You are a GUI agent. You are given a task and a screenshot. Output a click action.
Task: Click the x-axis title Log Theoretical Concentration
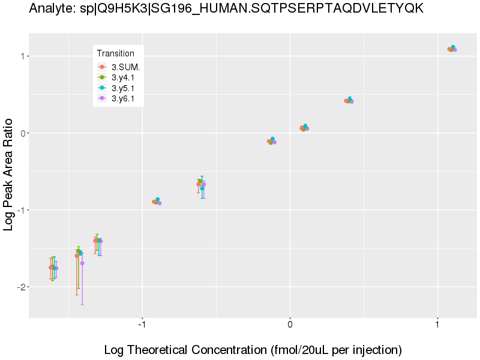pyautogui.click(x=253, y=350)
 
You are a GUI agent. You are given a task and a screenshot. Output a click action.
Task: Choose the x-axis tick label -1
pyautogui.click(x=142, y=328)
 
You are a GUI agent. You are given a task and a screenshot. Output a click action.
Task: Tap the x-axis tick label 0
pyautogui.click(x=290, y=328)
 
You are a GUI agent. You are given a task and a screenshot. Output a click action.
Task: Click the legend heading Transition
pyautogui.click(x=116, y=53)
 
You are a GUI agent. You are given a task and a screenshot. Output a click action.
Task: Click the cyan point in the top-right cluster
pyautogui.click(x=453, y=47)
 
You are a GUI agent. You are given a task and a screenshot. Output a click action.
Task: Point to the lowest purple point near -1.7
pyautogui.click(x=82, y=263)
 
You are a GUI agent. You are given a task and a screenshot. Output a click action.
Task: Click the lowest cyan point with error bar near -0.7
pyautogui.click(x=202, y=188)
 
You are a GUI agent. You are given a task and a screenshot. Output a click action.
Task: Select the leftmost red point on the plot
pyautogui.click(x=51, y=268)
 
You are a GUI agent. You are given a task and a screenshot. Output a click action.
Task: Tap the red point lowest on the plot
pyautogui.click(x=51, y=268)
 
